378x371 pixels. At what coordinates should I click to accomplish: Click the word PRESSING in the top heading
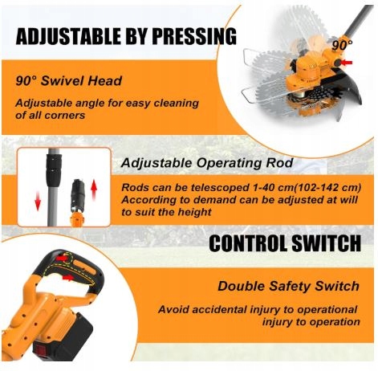[194, 36]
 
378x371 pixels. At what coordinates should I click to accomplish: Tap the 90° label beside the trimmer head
[342, 46]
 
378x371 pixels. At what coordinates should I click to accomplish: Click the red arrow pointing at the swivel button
[347, 63]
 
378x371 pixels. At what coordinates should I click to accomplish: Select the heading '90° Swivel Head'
[69, 81]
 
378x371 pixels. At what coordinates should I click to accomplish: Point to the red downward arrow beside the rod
[38, 201]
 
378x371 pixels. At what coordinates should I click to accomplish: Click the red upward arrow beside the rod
[94, 190]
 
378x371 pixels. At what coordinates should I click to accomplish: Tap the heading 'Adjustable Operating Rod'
[207, 162]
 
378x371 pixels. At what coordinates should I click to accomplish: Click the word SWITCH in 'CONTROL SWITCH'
[326, 243]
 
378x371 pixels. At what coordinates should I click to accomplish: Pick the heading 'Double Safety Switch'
[288, 286]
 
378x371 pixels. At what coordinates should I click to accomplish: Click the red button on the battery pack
[42, 351]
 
